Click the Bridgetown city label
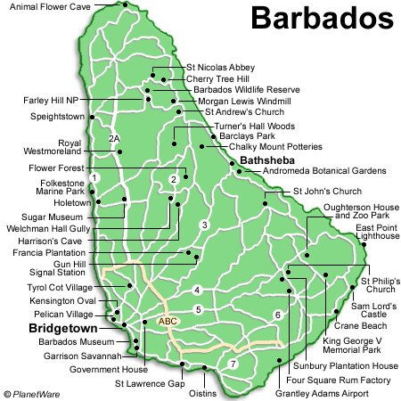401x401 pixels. [46, 328]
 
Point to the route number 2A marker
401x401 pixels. [114, 138]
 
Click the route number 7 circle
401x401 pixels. [233, 364]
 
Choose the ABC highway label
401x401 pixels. [168, 321]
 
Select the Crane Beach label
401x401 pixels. [359, 326]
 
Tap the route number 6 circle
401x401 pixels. [277, 315]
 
